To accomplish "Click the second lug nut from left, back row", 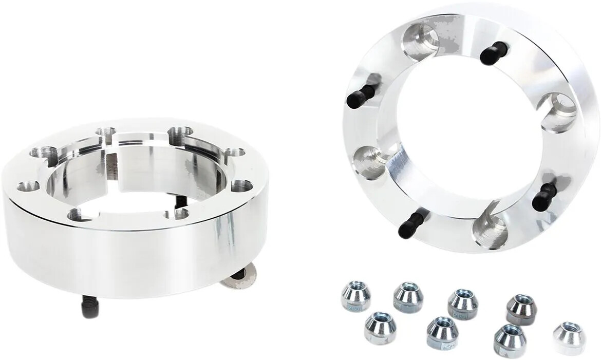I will point(408,296).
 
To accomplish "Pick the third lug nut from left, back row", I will point(462,304).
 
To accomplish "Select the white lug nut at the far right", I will point(569,337).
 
